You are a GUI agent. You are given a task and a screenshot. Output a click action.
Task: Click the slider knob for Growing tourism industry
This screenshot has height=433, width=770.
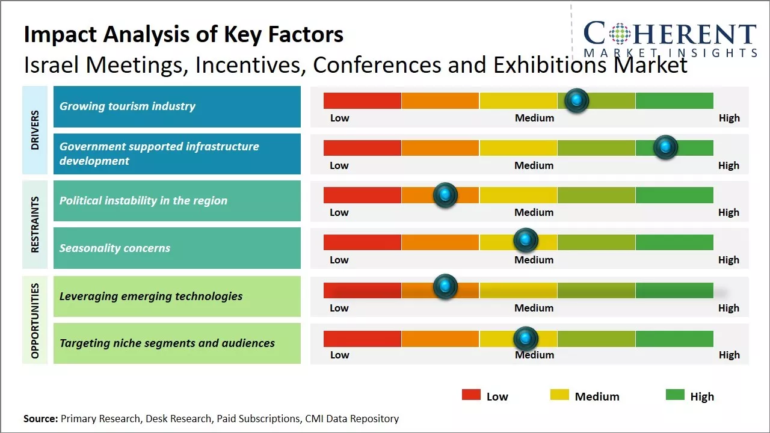tap(577, 100)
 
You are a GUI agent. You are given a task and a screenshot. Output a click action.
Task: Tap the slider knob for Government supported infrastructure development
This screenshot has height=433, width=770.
tap(665, 147)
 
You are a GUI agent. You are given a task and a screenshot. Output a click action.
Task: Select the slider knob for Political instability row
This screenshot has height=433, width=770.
tap(445, 195)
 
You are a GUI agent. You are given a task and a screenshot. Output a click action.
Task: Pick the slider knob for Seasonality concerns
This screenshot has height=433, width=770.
tap(526, 241)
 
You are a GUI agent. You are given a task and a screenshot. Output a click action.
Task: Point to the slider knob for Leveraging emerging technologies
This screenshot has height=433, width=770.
tap(445, 287)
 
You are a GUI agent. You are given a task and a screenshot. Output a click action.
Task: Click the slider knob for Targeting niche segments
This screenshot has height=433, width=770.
tap(526, 339)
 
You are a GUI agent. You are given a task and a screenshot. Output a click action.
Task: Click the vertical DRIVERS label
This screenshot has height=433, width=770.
tap(35, 130)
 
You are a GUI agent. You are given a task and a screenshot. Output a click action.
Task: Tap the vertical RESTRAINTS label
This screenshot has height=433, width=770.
tap(35, 224)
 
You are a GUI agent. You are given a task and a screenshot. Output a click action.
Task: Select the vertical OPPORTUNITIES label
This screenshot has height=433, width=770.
tap(35, 321)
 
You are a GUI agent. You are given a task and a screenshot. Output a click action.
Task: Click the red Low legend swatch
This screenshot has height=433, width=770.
tap(471, 395)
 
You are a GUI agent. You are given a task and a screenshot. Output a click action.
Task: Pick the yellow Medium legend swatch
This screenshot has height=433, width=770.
tap(559, 395)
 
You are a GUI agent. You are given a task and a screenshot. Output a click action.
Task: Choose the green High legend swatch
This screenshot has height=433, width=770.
tap(675, 395)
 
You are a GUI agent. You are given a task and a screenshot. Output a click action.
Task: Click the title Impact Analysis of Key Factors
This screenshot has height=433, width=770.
tap(183, 35)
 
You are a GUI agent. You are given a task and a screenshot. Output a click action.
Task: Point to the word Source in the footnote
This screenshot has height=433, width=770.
tap(40, 419)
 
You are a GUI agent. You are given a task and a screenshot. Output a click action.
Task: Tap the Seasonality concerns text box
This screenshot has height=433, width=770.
tap(177, 248)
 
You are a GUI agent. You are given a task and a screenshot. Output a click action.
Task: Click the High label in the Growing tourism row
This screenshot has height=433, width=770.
tap(729, 118)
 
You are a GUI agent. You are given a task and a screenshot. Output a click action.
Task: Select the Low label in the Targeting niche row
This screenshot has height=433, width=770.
tap(339, 355)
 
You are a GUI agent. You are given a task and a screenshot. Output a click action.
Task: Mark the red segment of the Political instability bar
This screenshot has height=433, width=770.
tap(362, 195)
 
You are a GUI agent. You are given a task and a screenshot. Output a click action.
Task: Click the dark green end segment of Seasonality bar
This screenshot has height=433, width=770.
tap(674, 242)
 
